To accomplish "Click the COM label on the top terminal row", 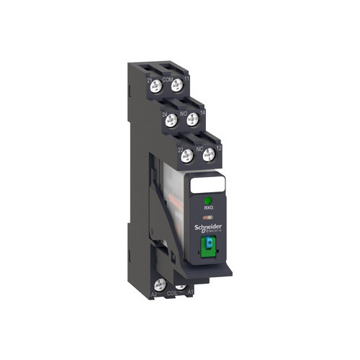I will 167,80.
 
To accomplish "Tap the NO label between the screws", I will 184,114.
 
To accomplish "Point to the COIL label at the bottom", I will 171,294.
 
